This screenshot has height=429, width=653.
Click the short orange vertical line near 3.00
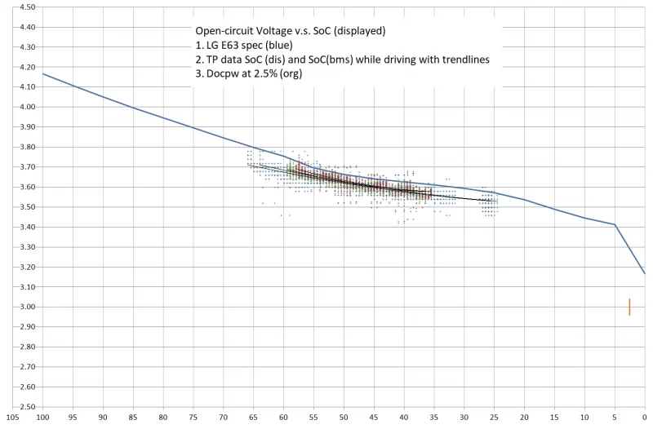click(x=629, y=307)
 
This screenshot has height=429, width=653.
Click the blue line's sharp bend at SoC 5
click(x=615, y=224)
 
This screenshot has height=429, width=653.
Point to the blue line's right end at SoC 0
click(x=644, y=273)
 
